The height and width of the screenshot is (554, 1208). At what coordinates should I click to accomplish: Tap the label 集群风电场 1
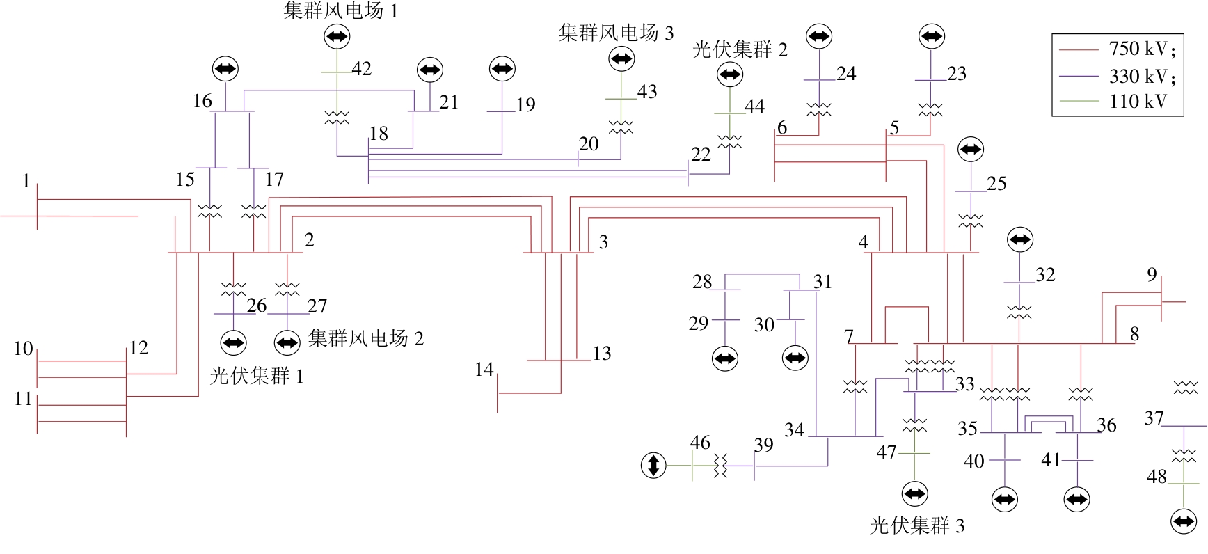(341, 10)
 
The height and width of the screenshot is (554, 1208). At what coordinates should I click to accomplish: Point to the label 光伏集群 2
(740, 49)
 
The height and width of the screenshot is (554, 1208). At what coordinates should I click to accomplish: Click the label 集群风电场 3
(616, 32)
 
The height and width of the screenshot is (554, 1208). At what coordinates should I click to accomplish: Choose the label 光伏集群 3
(917, 525)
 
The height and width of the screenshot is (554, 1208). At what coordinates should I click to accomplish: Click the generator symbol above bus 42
(337, 36)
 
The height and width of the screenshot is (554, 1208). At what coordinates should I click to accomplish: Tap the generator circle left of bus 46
(653, 465)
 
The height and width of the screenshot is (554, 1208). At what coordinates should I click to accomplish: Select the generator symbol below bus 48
(1184, 521)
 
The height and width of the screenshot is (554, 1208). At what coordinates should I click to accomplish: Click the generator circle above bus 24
(819, 35)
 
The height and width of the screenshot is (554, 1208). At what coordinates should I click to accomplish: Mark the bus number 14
(484, 370)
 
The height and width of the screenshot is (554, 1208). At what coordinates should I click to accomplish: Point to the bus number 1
(26, 181)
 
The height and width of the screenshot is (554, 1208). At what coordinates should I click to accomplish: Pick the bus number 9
(1152, 275)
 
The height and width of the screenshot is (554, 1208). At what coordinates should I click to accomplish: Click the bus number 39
(763, 445)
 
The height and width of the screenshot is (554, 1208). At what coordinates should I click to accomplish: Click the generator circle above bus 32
(1020, 239)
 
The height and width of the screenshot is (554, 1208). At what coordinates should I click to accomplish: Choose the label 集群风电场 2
(366, 338)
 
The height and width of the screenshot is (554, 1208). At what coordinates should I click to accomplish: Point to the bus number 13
(602, 354)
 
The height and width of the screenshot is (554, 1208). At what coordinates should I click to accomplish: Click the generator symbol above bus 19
(502, 68)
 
